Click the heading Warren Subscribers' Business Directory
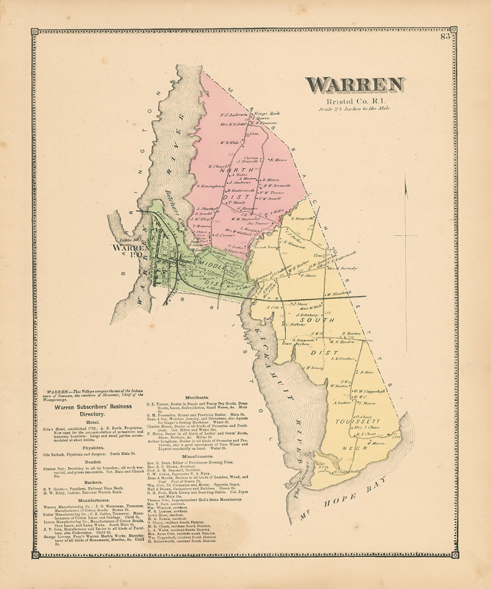93,410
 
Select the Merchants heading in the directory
197,397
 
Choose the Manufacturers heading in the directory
93,500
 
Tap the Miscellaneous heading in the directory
197,456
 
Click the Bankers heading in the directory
93,482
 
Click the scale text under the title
354,109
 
